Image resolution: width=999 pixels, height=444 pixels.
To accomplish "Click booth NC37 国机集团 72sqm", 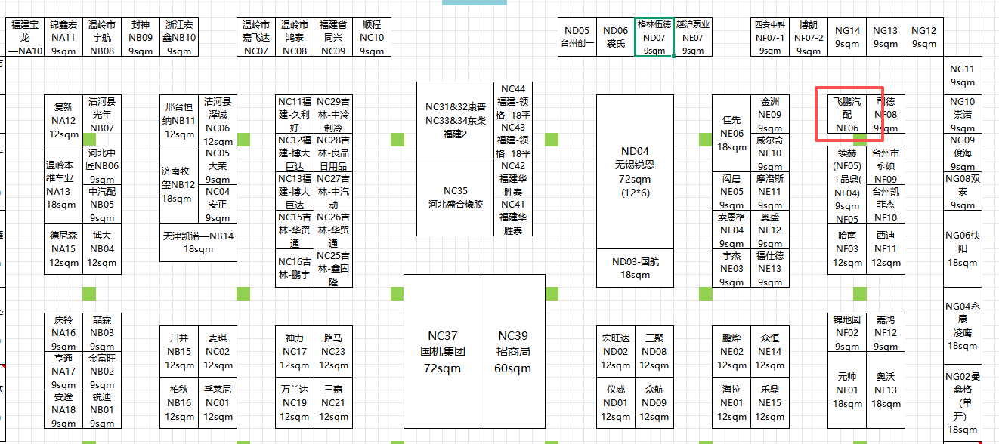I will point(442,352).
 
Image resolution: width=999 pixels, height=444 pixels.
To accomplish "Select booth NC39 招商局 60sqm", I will point(513,352).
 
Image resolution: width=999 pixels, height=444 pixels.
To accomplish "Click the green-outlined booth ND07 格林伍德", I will point(654,37).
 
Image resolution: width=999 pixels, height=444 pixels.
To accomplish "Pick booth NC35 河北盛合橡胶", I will point(456,197).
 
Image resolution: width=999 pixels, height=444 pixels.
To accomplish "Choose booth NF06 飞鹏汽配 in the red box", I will point(846,114).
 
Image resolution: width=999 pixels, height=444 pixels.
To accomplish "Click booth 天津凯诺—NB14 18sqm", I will point(198,242).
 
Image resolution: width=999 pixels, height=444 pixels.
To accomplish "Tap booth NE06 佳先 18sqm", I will point(731,133).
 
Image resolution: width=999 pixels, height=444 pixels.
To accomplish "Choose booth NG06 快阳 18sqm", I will point(962,248).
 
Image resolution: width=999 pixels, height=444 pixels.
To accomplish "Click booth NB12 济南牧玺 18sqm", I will point(178,184).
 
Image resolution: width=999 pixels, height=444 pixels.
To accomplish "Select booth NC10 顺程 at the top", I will point(372,37).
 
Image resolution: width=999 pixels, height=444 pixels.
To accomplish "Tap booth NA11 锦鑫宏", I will point(63,37).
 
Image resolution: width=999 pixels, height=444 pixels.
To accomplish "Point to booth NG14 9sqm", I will point(847,37).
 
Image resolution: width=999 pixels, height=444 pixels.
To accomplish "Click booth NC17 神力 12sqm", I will point(295,351).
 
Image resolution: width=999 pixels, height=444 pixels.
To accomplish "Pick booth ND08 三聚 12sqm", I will point(654,351).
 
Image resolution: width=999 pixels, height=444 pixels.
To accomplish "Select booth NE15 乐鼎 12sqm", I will point(770,403).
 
